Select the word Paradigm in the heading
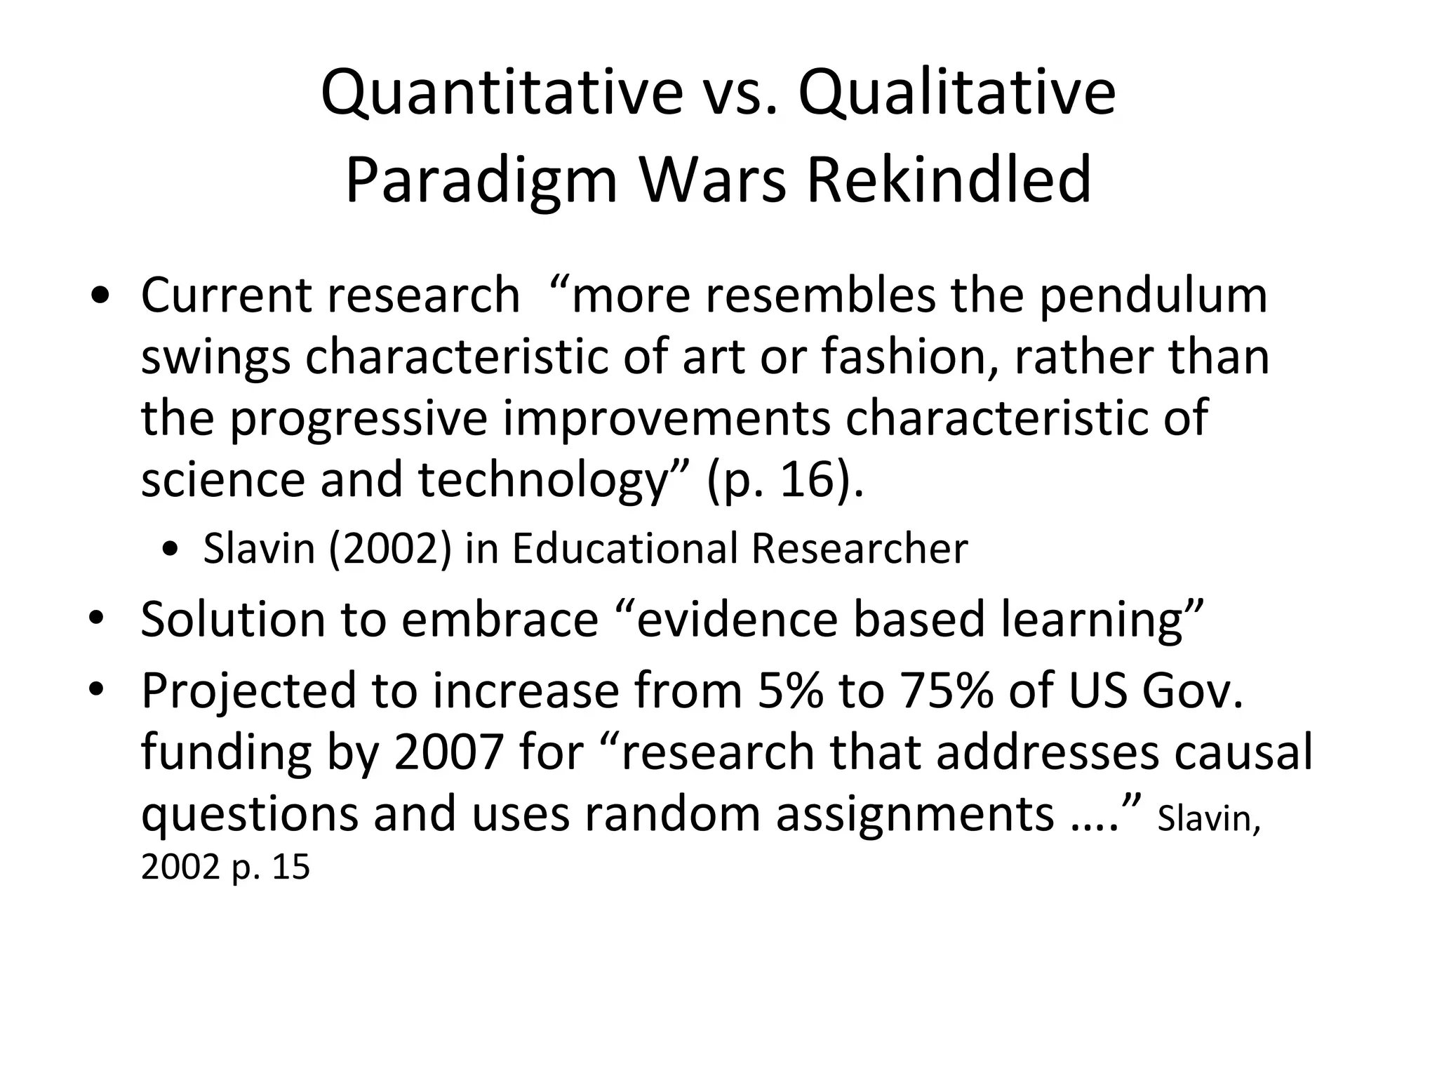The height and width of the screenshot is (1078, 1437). (x=481, y=181)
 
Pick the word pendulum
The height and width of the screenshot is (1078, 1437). (x=1153, y=295)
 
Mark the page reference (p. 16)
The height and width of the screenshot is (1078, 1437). (x=785, y=481)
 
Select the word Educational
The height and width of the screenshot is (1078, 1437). (x=624, y=548)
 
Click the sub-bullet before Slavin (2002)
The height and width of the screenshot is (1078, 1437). (x=169, y=550)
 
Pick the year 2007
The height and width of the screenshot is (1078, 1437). (x=448, y=752)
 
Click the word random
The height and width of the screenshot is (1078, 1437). (x=672, y=814)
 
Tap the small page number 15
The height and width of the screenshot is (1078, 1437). (x=291, y=867)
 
